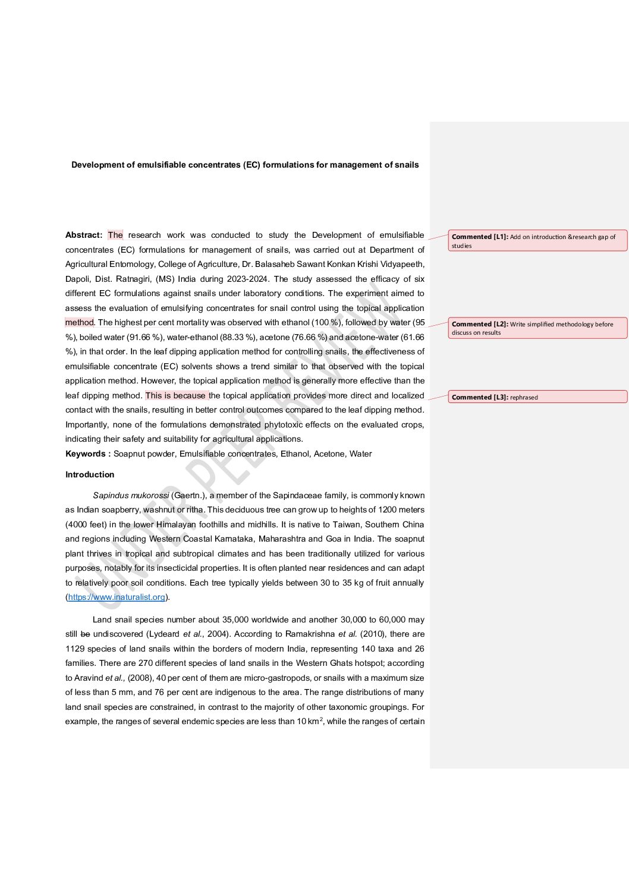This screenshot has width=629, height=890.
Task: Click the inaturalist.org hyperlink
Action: pyautogui.click(x=117, y=597)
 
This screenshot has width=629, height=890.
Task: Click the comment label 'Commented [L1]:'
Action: pyautogui.click(x=480, y=237)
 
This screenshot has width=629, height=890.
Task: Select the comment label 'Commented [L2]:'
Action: pyautogui.click(x=480, y=324)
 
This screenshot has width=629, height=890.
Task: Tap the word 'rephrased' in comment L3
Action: pyautogui.click(x=524, y=397)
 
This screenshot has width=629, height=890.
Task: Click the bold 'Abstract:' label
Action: pyautogui.click(x=84, y=235)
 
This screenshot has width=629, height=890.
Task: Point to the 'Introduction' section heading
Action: pyautogui.click(x=90, y=474)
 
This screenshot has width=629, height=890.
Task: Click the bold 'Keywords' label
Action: pyautogui.click(x=86, y=454)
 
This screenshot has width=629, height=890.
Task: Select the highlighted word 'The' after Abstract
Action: pyautogui.click(x=115, y=235)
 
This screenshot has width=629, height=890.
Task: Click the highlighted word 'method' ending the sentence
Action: pyautogui.click(x=79, y=322)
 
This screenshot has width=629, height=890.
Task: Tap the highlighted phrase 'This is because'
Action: pyautogui.click(x=175, y=395)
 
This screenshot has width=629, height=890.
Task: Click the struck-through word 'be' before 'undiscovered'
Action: pyautogui.click(x=85, y=634)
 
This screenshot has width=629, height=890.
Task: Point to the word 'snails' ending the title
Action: pyautogui.click(x=407, y=165)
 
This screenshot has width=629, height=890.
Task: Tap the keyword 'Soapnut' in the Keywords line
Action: pyautogui.click(x=130, y=454)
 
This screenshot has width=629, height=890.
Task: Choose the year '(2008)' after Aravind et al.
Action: pyautogui.click(x=140, y=678)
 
